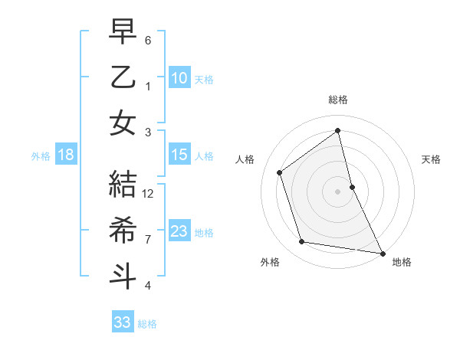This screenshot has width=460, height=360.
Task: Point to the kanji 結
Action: pyautogui.click(x=123, y=183)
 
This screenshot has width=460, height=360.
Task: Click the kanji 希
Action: pyautogui.click(x=123, y=230)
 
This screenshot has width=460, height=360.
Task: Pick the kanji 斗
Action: pyautogui.click(x=123, y=276)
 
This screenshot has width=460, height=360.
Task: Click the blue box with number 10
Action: pyautogui.click(x=179, y=77)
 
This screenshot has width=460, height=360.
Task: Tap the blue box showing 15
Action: pyautogui.click(x=179, y=155)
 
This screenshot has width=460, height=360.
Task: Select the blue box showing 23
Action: pyautogui.click(x=179, y=231)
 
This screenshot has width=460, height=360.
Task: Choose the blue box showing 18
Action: pyautogui.click(x=66, y=155)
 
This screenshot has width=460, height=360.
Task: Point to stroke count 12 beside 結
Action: pyautogui.click(x=149, y=193)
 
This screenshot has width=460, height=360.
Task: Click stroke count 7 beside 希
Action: pyautogui.click(x=148, y=240)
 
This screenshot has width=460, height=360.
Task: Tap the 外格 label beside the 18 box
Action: pyautogui.click(x=41, y=155)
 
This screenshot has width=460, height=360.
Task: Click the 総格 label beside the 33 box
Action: pyautogui.click(x=147, y=323)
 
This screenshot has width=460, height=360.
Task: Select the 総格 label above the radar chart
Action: pyautogui.click(x=338, y=100)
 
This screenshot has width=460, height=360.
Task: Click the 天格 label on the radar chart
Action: pyautogui.click(x=431, y=159)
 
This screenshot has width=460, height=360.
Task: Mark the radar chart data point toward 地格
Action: pyautogui.click(x=381, y=253)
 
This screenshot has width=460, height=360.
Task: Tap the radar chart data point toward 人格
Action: pyautogui.click(x=280, y=172)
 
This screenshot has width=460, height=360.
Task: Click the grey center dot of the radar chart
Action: pyautogui.click(x=338, y=191)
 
